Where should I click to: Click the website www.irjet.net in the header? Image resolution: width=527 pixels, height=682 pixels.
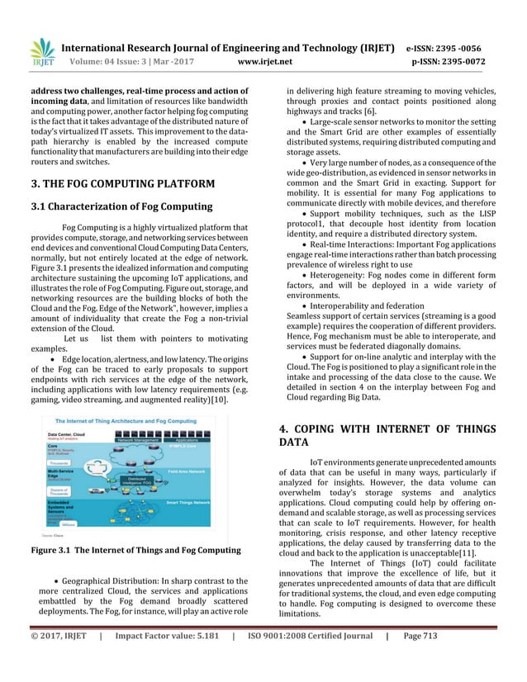click(x=263, y=60)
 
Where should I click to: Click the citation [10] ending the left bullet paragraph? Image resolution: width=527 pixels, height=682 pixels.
click(x=218, y=400)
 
